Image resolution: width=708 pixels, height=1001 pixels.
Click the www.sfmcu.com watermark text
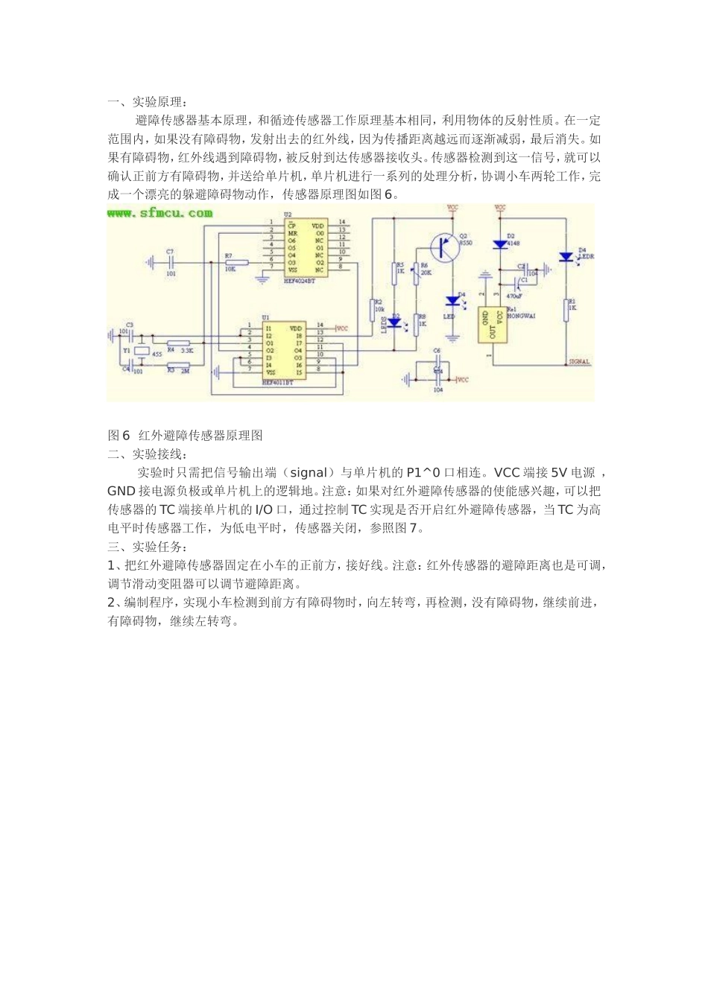click(159, 213)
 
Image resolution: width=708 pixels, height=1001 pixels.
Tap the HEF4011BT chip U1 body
click(284, 349)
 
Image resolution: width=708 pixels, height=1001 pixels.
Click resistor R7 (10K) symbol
click(236, 261)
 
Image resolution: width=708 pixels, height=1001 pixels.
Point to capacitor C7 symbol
click(171, 261)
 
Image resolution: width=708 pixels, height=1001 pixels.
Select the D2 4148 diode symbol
click(500, 244)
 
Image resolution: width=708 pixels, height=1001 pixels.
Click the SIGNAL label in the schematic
click(579, 362)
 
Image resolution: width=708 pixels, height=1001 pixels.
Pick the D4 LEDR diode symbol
click(566, 257)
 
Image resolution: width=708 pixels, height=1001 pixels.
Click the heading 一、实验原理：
click(149, 102)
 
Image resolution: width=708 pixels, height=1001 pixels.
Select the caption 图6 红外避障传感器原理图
click(186, 435)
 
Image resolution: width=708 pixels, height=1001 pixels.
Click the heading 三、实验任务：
click(149, 547)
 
